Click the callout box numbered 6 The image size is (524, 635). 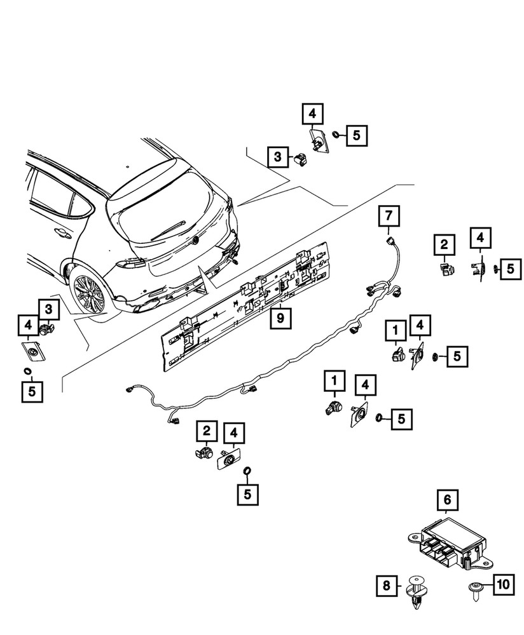[x=447, y=500]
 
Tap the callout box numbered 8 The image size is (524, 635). [x=386, y=587]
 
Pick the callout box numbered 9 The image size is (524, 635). [x=280, y=316]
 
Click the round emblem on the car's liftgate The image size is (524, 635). [x=196, y=240]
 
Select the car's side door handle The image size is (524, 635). [x=61, y=233]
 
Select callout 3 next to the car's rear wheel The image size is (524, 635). [x=48, y=309]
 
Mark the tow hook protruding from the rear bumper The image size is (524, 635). [x=236, y=259]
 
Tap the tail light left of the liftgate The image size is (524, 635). [x=130, y=262]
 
